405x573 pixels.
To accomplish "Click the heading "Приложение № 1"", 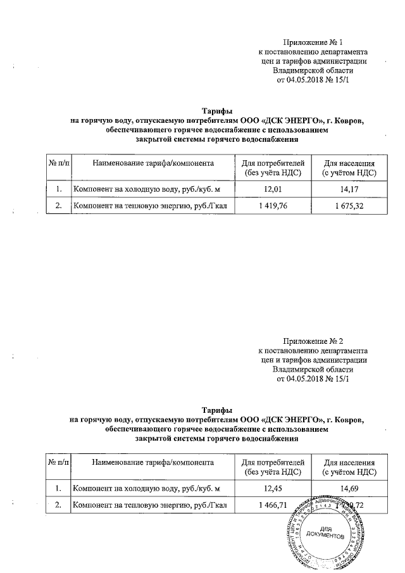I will pyautogui.click(x=315, y=42).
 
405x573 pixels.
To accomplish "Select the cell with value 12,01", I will pyautogui.click(x=273, y=189).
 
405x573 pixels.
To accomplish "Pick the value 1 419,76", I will pyautogui.click(x=273, y=206).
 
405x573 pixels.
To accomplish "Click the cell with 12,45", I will pyautogui.click(x=273, y=488).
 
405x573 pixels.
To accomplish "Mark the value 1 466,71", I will pyautogui.click(x=273, y=505).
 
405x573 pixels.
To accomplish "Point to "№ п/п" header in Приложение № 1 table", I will pyautogui.click(x=58, y=163).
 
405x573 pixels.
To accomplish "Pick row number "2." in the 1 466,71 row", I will pyautogui.click(x=58, y=505).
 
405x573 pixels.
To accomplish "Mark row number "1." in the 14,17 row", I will pyautogui.click(x=58, y=189).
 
